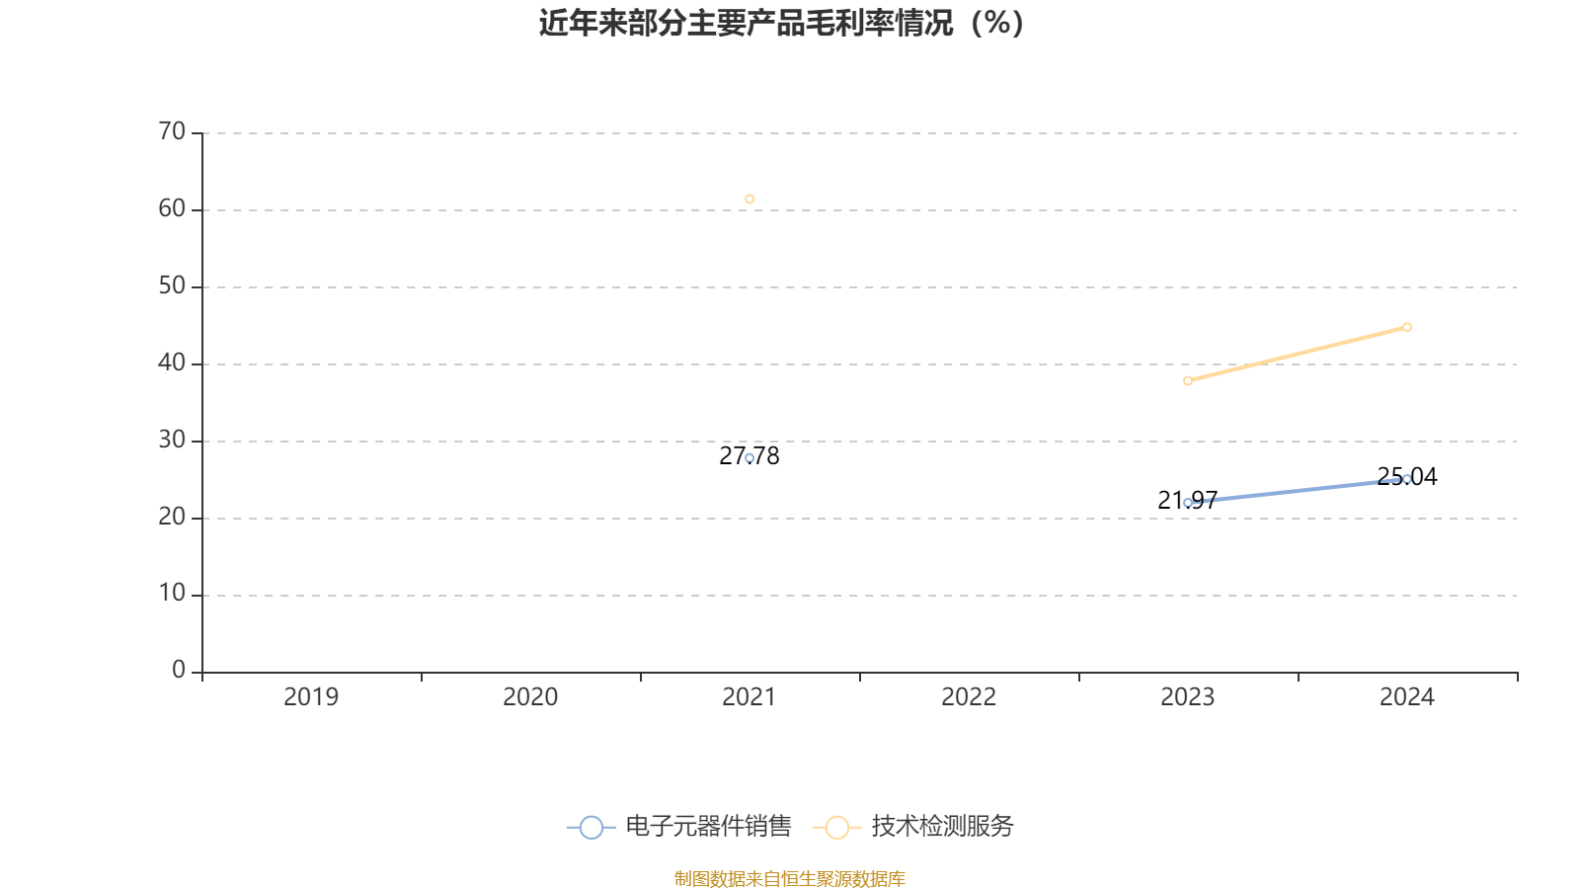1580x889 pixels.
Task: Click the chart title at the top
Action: point(781,23)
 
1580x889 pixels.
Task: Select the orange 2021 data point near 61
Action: point(750,200)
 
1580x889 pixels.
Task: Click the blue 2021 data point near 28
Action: point(750,458)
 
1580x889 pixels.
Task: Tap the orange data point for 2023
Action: point(1188,380)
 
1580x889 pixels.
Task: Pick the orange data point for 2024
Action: point(1407,327)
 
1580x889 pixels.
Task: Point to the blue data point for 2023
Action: point(1188,503)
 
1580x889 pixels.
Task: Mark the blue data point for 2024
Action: point(1407,479)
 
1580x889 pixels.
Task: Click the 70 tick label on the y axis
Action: point(172,131)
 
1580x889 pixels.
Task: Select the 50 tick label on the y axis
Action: point(172,286)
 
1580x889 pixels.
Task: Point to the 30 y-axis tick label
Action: point(172,441)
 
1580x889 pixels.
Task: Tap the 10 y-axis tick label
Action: point(172,594)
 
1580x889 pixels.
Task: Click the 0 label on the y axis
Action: point(179,671)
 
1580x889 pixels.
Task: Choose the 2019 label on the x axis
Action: point(311,697)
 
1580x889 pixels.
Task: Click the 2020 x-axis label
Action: point(530,697)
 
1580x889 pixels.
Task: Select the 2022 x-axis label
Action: point(969,697)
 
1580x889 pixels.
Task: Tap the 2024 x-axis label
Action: point(1407,697)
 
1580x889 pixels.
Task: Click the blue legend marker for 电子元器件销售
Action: point(591,827)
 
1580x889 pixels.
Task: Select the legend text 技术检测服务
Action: point(942,827)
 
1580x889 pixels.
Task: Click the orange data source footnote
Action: point(790,878)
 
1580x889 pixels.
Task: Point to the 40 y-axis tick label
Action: point(172,364)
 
